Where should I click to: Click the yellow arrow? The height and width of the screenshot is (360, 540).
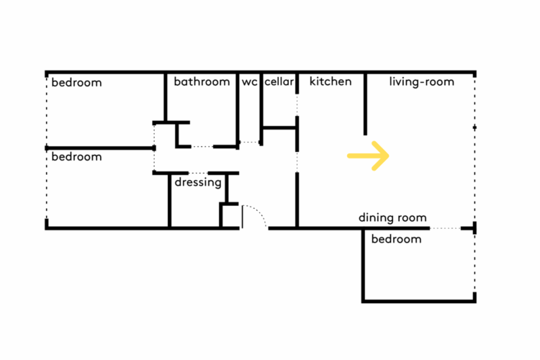click(x=368, y=156)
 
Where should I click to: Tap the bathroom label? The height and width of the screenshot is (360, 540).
click(x=202, y=82)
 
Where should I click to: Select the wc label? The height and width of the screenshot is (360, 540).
click(x=249, y=82)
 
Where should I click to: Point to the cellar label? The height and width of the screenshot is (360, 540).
click(x=279, y=82)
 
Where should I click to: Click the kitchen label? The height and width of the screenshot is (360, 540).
click(x=330, y=81)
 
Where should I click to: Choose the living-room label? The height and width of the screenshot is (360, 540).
click(x=422, y=82)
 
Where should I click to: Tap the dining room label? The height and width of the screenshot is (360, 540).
click(x=392, y=217)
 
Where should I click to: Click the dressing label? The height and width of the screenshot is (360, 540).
click(x=198, y=183)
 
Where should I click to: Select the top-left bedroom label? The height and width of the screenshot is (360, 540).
click(x=76, y=83)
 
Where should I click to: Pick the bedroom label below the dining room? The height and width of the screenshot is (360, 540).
click(x=396, y=239)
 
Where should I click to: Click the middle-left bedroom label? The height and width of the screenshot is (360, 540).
click(x=76, y=157)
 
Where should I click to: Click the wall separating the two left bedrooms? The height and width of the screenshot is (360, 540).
click(x=101, y=148)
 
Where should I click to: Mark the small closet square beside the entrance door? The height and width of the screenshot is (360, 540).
click(x=230, y=215)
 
